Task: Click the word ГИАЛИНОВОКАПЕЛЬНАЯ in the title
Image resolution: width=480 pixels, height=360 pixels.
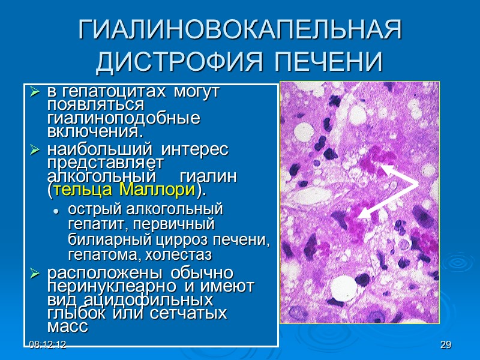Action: pyautogui.click(x=240, y=30)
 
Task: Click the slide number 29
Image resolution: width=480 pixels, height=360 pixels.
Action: pyautogui.click(x=445, y=344)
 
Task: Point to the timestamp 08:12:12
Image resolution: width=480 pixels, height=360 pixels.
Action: pyautogui.click(x=46, y=344)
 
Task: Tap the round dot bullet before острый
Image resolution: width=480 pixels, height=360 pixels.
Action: pyautogui.click(x=56, y=211)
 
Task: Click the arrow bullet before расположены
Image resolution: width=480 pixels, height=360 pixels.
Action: pyautogui.click(x=35, y=274)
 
